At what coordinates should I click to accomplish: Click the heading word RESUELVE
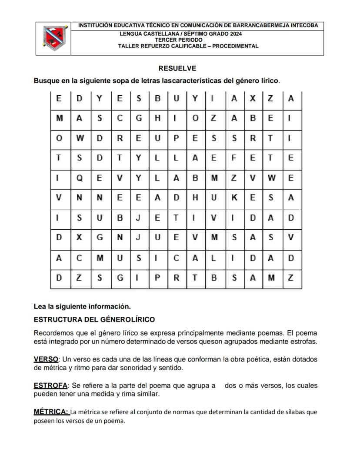tap(177, 68)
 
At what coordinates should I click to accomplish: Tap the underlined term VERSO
tap(46, 359)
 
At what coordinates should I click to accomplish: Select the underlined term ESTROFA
tap(50, 386)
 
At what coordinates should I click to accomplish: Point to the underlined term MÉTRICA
tap(51, 412)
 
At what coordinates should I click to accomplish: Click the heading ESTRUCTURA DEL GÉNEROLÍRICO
tap(94, 320)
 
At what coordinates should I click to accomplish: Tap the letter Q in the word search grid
tap(79, 178)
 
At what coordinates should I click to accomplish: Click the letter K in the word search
tap(234, 198)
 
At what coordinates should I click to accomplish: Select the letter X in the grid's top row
tap(252, 99)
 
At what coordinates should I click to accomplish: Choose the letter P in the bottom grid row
tap(157, 278)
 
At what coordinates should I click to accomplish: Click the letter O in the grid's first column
tap(59, 138)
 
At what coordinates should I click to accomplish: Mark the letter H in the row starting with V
tap(195, 198)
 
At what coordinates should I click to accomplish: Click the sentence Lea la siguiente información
tap(82, 306)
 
